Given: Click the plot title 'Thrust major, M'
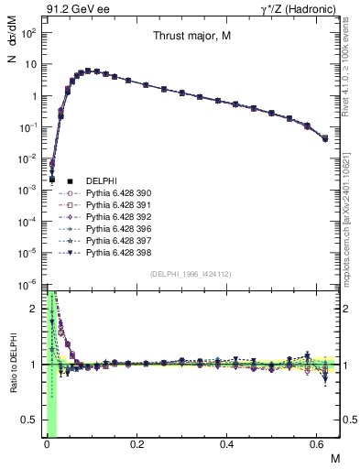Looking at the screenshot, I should (191, 37).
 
